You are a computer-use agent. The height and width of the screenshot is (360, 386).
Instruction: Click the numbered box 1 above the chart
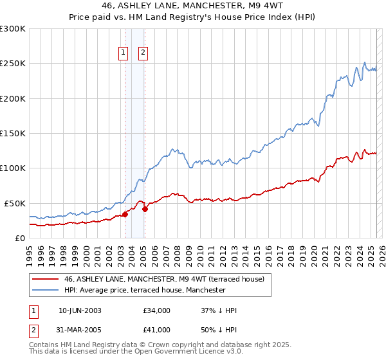coord(123,53)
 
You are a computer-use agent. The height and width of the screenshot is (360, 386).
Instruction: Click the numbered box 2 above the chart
coord(142,53)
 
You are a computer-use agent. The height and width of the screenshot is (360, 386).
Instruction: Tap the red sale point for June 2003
coord(125,215)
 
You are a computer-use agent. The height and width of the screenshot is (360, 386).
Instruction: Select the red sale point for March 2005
coord(145,209)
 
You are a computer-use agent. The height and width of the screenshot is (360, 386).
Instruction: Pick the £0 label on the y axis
coord(19,238)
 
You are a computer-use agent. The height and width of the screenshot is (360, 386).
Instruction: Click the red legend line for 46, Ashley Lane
coord(46,279)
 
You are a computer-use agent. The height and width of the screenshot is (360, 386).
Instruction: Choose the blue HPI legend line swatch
coord(46,290)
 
